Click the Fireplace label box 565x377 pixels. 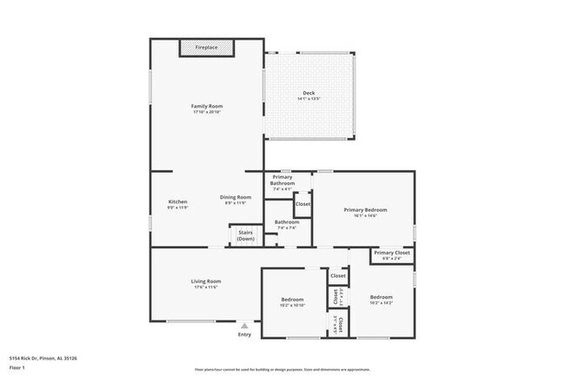coord(206,47)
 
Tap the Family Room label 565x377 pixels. coord(207,106)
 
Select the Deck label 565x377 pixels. coord(309,93)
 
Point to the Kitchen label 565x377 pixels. coord(177,202)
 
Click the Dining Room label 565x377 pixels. coord(236,196)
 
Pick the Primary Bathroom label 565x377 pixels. coord(282,181)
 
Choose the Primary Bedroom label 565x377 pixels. coord(365,209)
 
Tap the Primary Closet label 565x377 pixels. coord(391,253)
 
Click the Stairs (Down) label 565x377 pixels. coord(246,235)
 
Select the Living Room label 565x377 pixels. coord(207,281)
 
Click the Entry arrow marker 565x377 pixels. coord(244,325)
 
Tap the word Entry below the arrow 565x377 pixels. coord(244,334)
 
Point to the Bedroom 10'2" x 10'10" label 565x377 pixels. coord(291,301)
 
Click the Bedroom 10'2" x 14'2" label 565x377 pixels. coord(381,297)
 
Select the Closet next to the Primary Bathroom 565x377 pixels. coord(303,204)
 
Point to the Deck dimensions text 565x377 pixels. coord(309,99)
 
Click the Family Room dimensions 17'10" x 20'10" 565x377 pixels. coord(207,112)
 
